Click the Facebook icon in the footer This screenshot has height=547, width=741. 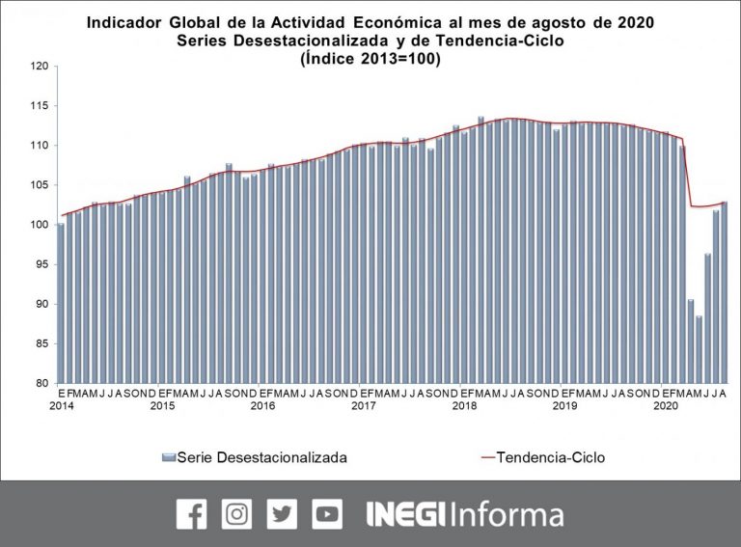pyautogui.click(x=191, y=513)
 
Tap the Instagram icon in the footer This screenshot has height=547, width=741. pyautogui.click(x=236, y=513)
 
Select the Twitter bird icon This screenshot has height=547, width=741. pyautogui.click(x=282, y=513)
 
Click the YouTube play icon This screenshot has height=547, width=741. pyautogui.click(x=327, y=513)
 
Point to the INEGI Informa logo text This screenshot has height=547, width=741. pyautogui.click(x=465, y=513)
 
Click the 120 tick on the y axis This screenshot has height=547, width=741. pyautogui.click(x=40, y=67)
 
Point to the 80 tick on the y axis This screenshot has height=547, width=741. pyautogui.click(x=42, y=383)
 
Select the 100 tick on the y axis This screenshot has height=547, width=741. pyautogui.click(x=40, y=225)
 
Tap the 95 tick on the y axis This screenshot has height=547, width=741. pyautogui.click(x=42, y=264)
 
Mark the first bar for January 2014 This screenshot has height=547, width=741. pyautogui.click(x=62, y=303)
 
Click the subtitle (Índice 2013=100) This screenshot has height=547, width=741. pyautogui.click(x=370, y=59)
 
